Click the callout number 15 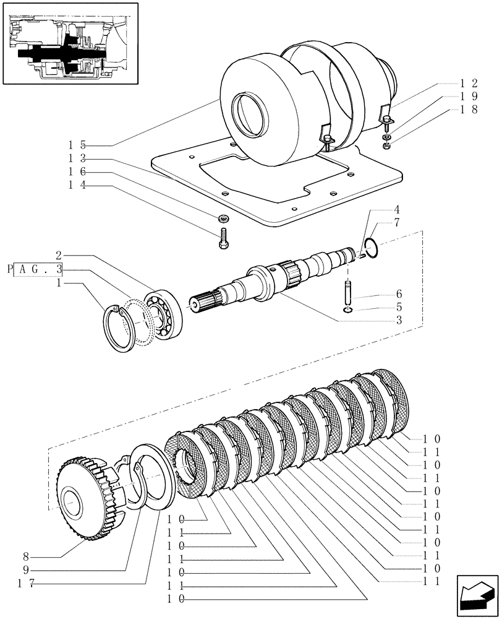77,145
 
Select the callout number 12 469,83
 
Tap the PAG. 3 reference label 38,269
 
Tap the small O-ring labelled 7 370,248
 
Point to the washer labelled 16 222,218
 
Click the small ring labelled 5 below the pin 348,309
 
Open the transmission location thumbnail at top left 69,43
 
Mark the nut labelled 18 386,146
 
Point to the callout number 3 399,320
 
